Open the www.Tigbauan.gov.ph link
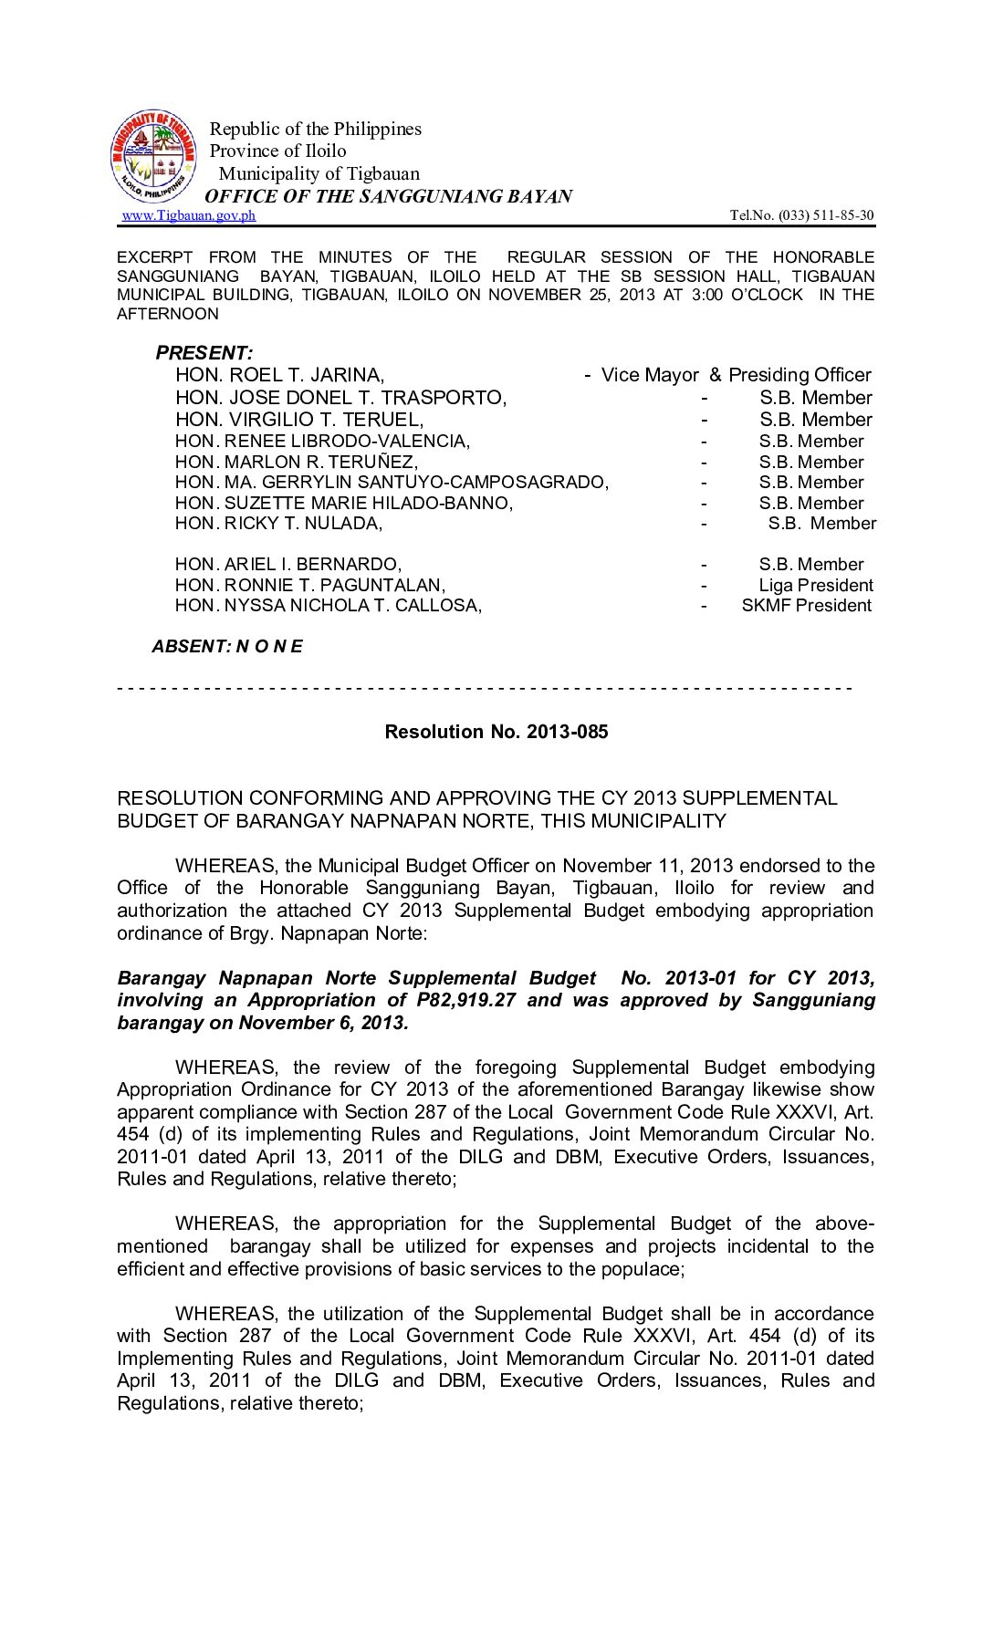coord(189,215)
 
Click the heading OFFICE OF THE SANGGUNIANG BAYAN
coord(388,196)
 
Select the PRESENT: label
coord(204,353)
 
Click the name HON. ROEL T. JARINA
coord(279,375)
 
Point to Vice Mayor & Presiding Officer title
coord(736,375)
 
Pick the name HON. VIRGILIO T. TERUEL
coord(299,420)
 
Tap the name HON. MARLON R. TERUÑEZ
coord(296,463)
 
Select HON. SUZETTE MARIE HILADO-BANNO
coord(343,504)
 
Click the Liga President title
coord(816,586)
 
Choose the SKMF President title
coord(806,606)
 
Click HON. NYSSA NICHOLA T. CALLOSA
coord(328,606)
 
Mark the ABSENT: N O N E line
coord(227,647)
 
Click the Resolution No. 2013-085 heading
coord(496,732)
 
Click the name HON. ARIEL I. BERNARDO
coord(287,565)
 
